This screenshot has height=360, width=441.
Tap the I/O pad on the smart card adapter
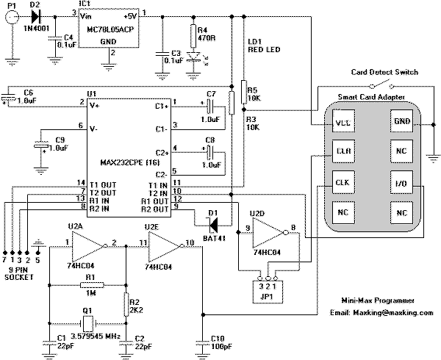(x=402, y=181)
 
